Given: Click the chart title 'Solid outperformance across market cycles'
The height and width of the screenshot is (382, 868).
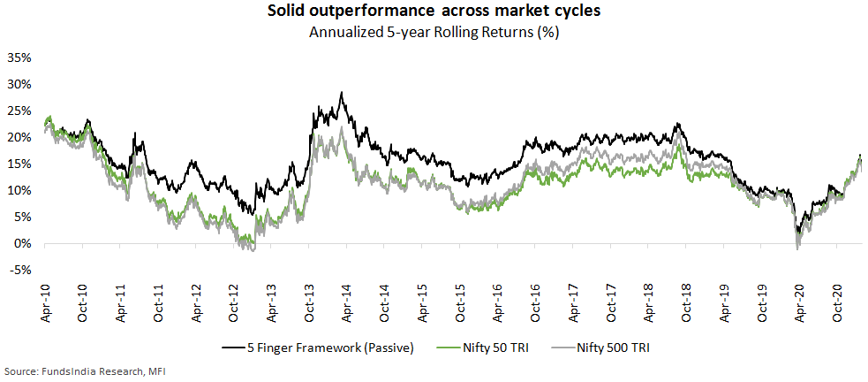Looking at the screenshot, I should coord(433,13).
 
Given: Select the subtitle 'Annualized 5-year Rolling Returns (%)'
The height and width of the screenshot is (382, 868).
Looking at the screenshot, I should coord(433,33).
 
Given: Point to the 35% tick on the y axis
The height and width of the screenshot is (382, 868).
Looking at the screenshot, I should coord(19,58).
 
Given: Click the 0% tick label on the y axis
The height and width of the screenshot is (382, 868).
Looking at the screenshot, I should coord(23,244).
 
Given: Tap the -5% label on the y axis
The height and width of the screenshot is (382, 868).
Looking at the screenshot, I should coord(21,271).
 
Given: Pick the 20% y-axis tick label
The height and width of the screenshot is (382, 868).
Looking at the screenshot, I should coord(19,138).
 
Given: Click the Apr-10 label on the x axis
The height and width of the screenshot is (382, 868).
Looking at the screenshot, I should coord(46,302).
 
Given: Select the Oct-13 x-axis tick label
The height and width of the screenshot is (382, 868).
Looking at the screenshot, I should coord(310,302).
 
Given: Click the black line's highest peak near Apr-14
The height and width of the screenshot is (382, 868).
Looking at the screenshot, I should coord(342,92).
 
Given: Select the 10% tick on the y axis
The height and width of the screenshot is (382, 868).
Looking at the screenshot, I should coord(19,191).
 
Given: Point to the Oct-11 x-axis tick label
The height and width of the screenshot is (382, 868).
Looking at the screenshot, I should coord(159,302).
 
